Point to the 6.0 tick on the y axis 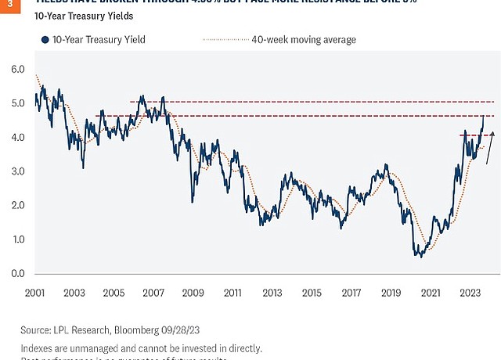tap(20, 69)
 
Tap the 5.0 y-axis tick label tap(20, 103)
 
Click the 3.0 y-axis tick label tap(20, 171)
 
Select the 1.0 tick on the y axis tap(20, 239)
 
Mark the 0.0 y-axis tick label tap(20, 274)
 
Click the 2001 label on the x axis tap(33, 293)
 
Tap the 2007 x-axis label tap(152, 293)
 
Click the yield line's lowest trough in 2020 tap(419, 255)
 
